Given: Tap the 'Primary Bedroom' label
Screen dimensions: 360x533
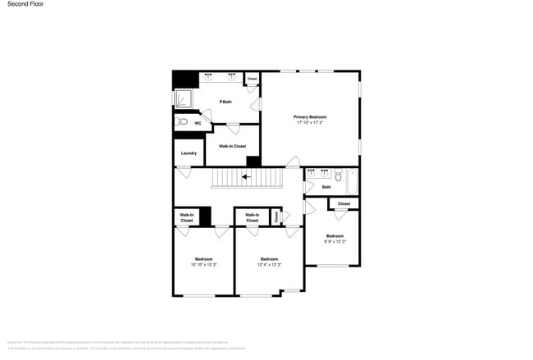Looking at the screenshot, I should coord(310,117).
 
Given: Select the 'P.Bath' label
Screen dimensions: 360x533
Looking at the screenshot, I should coord(225,102).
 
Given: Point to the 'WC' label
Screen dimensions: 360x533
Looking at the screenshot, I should coord(198,123).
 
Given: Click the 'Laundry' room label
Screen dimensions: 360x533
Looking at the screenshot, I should coord(189,153).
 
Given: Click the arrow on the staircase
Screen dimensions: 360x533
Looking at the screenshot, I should coord(246,176).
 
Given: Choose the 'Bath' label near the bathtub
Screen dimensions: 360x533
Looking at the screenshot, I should coord(326,187).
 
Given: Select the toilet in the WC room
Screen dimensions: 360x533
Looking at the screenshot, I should coord(183,122).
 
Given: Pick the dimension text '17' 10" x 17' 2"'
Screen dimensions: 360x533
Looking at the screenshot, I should coord(310,123).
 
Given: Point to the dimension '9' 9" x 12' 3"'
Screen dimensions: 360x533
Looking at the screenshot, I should coord(335,241).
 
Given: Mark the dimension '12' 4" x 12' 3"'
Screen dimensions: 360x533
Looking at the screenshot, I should coord(269,265).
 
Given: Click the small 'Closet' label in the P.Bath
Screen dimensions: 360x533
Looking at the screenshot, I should coord(252,80).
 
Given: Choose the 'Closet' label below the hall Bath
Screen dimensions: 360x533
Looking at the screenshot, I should coord(344,203).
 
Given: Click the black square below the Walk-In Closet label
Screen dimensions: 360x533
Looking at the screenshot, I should coord(254,161).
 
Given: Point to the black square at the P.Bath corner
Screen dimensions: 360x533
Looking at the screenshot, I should coord(185,80).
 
